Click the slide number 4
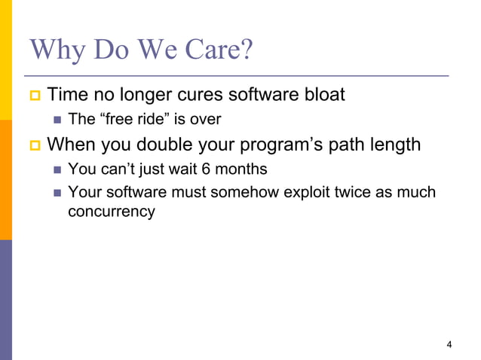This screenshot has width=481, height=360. (449, 345)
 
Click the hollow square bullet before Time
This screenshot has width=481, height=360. (34, 96)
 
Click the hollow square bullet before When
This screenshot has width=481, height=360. (34, 144)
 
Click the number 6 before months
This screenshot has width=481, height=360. (206, 168)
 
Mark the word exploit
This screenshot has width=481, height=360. (307, 192)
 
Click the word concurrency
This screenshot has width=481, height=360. (111, 212)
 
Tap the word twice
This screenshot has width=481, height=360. (355, 192)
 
